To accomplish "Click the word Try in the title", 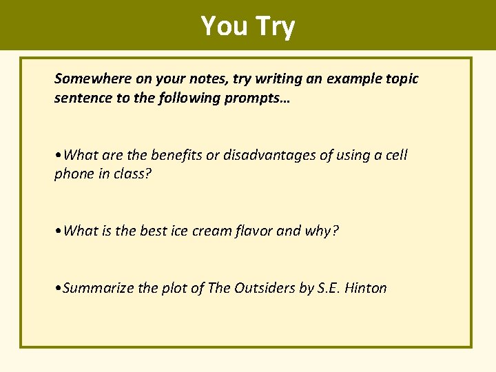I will (x=275, y=26).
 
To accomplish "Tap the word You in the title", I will (x=225, y=26).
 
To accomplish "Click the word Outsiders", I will (x=264, y=288).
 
